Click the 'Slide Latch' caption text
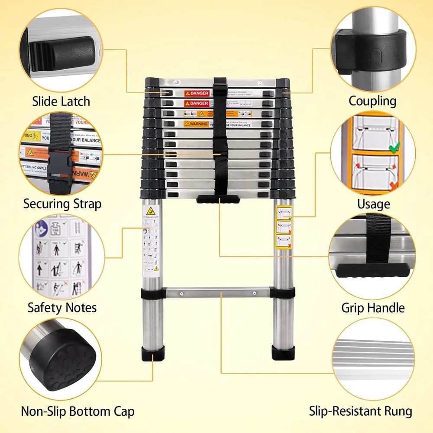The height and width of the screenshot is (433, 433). pyautogui.click(x=61, y=101)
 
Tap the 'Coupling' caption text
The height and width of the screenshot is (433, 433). pyautogui.click(x=372, y=101)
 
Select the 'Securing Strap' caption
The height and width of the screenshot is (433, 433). pyautogui.click(x=62, y=204)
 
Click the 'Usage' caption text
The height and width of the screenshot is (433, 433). pyautogui.click(x=373, y=204)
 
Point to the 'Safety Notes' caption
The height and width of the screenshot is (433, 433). pyautogui.click(x=62, y=308)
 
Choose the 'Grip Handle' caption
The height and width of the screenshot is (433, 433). pyautogui.click(x=373, y=308)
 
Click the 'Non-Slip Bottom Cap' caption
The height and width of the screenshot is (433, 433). pyautogui.click(x=78, y=411)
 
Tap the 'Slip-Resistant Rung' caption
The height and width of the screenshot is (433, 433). pyautogui.click(x=360, y=411)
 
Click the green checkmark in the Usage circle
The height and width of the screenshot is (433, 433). pyautogui.click(x=394, y=148)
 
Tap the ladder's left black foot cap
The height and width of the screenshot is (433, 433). pyautogui.click(x=153, y=353)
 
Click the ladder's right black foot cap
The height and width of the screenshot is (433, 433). pyautogui.click(x=283, y=353)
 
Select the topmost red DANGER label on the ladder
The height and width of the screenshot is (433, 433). pyautogui.click(x=197, y=93)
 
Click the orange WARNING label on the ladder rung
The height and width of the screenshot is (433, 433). pyautogui.click(x=196, y=124)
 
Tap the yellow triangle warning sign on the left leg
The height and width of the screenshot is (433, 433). pyautogui.click(x=151, y=212)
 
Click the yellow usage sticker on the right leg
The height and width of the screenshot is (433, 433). pyautogui.click(x=284, y=227)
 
